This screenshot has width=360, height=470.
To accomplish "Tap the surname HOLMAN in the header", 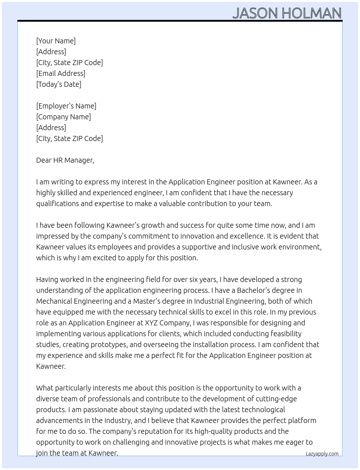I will [x=311, y=13].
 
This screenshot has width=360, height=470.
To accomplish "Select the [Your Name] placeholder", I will [x=56, y=41].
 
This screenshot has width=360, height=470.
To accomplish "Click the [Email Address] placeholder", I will [x=61, y=73].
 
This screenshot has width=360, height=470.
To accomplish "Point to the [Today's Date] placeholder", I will [x=59, y=84].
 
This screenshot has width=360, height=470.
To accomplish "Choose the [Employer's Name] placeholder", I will [x=66, y=106].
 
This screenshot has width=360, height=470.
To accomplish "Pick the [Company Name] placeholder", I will [x=64, y=117].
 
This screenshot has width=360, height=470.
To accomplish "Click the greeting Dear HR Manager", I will [x=65, y=160].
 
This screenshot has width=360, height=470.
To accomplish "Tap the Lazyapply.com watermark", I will [x=322, y=454].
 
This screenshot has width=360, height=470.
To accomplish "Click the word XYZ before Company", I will [x=151, y=323].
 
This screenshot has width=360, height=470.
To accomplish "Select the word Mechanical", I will [x=54, y=301].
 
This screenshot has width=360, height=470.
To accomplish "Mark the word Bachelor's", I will [x=254, y=290].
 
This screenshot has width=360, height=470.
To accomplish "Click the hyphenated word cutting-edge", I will [x=276, y=399].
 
